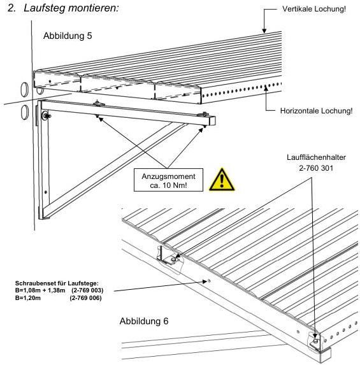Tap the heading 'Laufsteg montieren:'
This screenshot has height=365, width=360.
pos(71,8)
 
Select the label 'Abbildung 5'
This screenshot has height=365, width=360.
pos(68,36)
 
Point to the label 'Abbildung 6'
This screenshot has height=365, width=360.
pos(144,321)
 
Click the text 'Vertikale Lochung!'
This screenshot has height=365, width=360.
pos(314,9)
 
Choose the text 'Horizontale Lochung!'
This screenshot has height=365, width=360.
pos(316,111)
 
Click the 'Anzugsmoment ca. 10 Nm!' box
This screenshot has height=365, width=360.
pos(168,180)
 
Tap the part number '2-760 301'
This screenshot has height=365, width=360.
pos(316,168)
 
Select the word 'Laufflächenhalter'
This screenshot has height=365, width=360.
pos(316,157)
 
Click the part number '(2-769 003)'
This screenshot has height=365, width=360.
pos(87,290)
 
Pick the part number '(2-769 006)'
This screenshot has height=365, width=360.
pos(85,298)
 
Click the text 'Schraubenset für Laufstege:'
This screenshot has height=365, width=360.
pos(57,283)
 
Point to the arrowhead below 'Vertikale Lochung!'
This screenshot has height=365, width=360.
pos(264,31)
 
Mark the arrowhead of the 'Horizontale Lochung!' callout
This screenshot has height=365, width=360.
pos(266,88)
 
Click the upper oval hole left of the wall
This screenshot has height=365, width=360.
pos(24,89)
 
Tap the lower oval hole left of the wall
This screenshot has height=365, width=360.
pos(25,112)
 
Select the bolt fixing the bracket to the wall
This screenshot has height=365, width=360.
pos(45,115)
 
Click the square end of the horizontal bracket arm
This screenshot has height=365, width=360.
pos(212,121)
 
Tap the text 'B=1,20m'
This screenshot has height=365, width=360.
pos(27,298)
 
